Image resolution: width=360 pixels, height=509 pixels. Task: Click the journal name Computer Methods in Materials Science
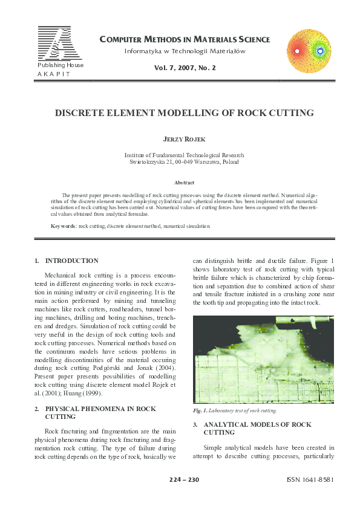pos(184,40)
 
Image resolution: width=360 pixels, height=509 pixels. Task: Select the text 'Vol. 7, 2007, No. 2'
pos(185,68)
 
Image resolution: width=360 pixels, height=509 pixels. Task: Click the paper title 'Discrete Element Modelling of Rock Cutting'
pos(180,113)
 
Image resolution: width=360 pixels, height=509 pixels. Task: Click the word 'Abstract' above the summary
pos(184,183)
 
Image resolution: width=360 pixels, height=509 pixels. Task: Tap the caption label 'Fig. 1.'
pos(200,410)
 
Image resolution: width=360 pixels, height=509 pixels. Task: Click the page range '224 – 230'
pos(185,479)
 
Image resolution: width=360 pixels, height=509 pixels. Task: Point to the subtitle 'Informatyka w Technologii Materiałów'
pos(185,51)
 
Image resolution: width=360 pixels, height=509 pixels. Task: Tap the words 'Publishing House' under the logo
pos(61,65)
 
